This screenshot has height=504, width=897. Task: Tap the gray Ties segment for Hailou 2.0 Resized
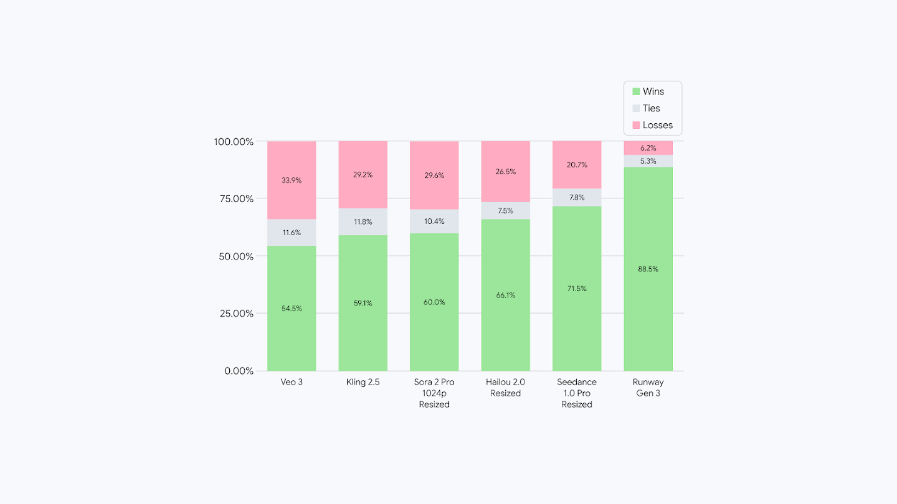(x=505, y=211)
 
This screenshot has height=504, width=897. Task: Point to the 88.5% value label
(x=648, y=269)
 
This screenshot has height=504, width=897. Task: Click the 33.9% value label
(x=292, y=180)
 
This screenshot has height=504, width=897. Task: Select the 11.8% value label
(x=363, y=222)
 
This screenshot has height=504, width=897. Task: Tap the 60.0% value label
(x=434, y=302)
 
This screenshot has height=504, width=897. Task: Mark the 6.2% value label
(x=648, y=148)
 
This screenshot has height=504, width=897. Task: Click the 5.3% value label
(x=648, y=161)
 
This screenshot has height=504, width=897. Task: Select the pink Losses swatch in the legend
(x=636, y=125)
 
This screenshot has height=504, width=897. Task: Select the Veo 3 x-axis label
(x=292, y=382)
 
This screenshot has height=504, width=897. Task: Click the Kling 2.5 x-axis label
(x=363, y=382)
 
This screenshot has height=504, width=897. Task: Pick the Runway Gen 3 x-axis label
(x=648, y=388)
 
